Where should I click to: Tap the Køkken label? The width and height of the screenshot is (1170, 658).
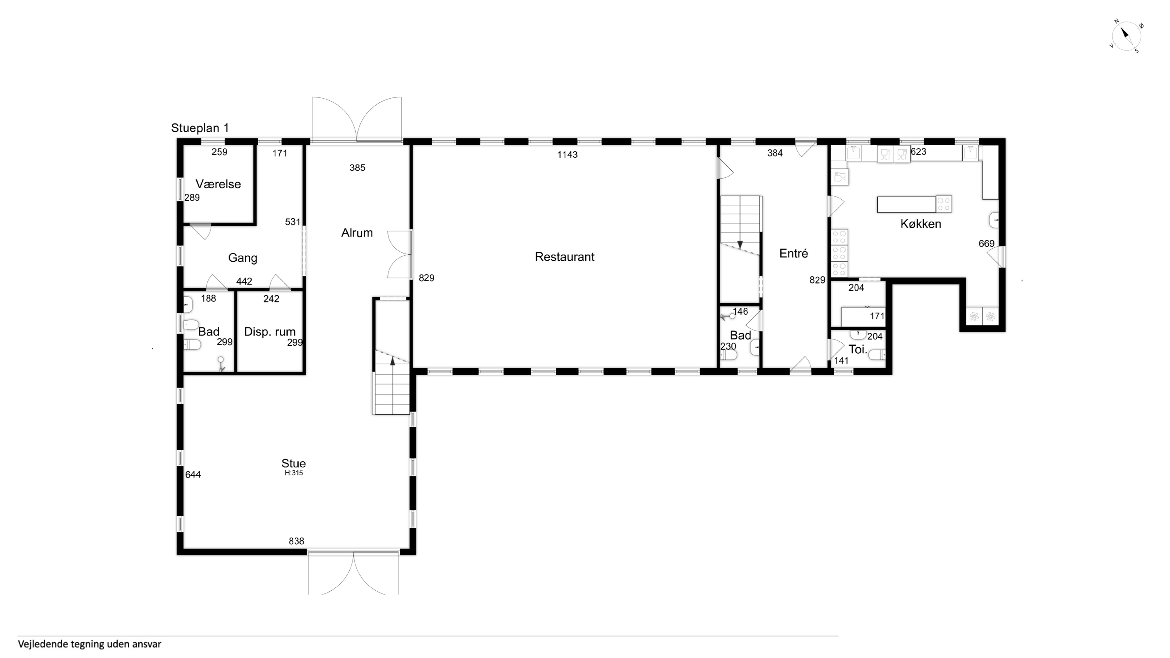(921, 224)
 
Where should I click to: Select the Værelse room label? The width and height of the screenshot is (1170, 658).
(218, 184)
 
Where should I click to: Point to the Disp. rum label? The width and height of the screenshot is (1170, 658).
(270, 332)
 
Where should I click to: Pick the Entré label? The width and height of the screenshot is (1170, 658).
(793, 253)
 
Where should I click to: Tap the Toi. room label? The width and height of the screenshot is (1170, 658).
(858, 350)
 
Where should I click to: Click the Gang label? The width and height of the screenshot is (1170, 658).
(243, 258)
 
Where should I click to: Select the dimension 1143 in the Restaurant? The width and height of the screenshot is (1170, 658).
(567, 155)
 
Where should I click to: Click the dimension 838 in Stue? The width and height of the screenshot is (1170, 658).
(296, 541)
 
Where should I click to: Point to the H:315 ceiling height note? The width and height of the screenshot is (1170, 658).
(293, 473)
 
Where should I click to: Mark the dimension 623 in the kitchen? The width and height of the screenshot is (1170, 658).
(918, 152)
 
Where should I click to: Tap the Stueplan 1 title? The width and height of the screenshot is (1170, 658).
(200, 128)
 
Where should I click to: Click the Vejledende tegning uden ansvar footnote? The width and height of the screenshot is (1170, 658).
(90, 644)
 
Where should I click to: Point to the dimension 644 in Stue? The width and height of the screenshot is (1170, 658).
(193, 475)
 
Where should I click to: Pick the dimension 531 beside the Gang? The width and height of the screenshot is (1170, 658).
(292, 222)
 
